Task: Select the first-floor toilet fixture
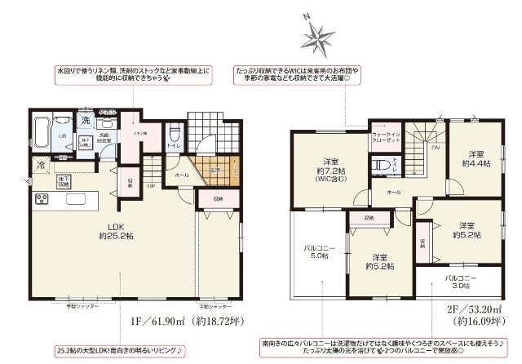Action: (172, 135)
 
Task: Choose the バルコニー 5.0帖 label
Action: (316, 251)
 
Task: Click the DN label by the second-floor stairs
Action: (436, 149)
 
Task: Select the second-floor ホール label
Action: (394, 191)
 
